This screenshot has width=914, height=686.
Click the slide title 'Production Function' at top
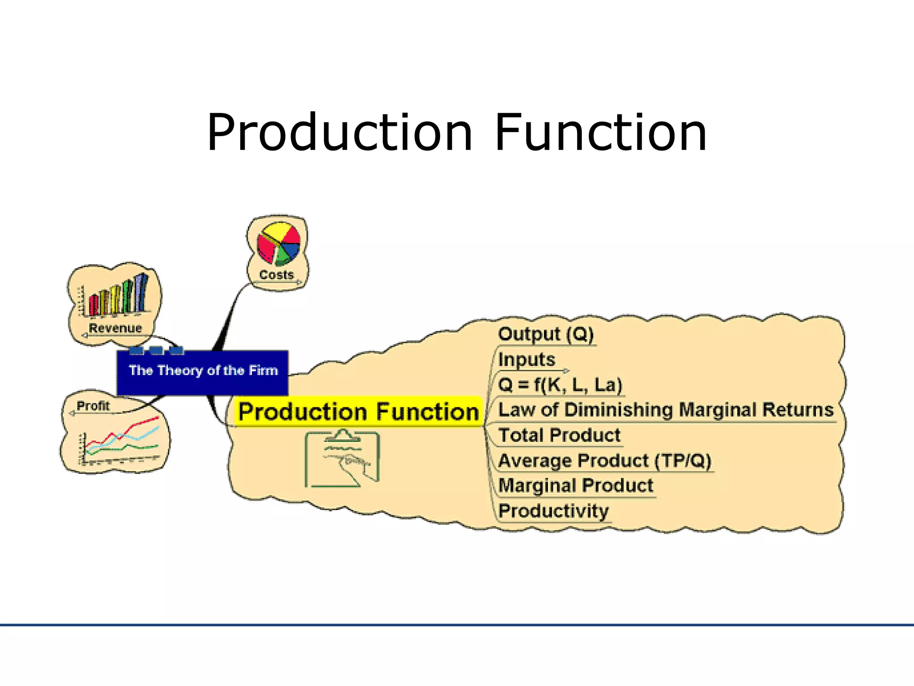coord(457,133)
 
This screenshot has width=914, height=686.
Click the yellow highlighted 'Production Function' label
coord(358,411)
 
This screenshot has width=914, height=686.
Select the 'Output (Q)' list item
coord(545,334)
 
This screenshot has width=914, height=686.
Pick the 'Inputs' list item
coord(526,360)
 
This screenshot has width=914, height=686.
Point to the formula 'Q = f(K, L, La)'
coord(560,385)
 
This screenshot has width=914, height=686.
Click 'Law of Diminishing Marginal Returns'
coord(665,410)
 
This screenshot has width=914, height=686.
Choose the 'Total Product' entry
coord(559,435)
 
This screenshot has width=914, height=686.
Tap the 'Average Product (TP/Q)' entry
coord(605,460)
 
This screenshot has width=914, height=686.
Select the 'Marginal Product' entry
coord(575,485)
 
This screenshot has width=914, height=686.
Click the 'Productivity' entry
coord(553,511)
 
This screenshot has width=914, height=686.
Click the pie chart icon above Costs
coord(278,244)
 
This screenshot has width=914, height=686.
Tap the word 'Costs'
coord(276,275)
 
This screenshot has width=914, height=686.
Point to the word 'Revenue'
coord(115,328)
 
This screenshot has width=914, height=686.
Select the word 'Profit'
coord(93,406)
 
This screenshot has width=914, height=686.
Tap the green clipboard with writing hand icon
coord(342,458)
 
